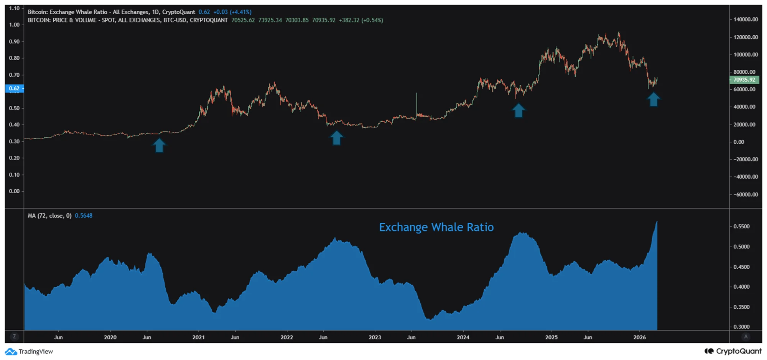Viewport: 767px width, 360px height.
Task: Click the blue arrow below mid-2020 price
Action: [159, 145]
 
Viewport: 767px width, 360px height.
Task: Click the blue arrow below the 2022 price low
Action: [336, 138]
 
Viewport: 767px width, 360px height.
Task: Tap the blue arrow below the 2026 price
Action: [653, 99]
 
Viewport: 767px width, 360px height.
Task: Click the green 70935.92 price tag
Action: [744, 80]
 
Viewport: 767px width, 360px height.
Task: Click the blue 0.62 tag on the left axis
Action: [14, 88]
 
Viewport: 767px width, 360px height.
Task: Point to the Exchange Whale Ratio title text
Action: [436, 227]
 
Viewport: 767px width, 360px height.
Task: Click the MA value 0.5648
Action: [84, 215]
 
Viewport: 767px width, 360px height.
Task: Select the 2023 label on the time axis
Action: [375, 337]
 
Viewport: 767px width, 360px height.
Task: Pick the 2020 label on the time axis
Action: [110, 337]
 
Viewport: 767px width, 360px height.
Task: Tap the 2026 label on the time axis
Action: [639, 337]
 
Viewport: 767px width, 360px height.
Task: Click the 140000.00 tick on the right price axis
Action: [746, 19]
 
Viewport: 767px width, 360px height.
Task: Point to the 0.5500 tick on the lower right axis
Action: [741, 227]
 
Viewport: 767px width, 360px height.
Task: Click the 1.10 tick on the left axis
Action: [14, 8]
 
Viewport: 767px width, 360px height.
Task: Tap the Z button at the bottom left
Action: [14, 337]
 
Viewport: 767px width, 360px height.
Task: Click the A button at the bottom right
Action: [746, 337]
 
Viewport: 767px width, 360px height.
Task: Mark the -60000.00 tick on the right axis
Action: [746, 194]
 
